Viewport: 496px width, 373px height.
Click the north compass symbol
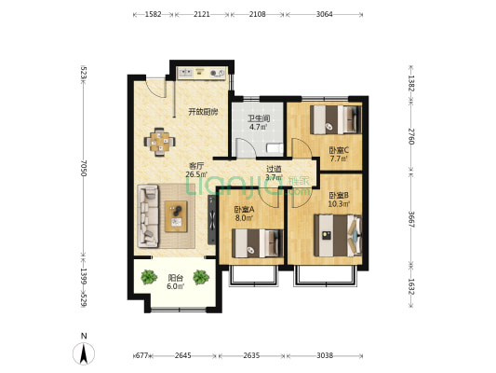pos(84,352)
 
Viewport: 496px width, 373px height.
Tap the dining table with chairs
pos(159,142)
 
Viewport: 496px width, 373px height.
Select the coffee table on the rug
pos(176,216)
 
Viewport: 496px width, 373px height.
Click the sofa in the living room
pos(148,215)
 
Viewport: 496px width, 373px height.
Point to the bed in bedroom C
pos(336,119)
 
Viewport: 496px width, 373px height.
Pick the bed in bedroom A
pos(258,243)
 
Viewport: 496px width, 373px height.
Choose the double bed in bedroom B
pos(338,236)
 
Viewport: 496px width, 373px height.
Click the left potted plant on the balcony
pos(149,277)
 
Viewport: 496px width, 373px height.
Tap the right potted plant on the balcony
pos(201,277)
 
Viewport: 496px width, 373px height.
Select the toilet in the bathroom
pos(275,148)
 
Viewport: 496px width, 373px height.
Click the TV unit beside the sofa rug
pos(211,220)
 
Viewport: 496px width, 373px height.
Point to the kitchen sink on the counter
pos(185,74)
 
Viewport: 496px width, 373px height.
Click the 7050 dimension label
pos(83,168)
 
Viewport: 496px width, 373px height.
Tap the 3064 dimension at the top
pos(324,14)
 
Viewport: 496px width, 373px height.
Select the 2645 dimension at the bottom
pos(182,355)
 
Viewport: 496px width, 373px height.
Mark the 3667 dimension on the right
pos(411,219)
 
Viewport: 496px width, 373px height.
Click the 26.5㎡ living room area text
pos(196,174)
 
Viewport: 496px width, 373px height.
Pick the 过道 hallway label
pos(274,169)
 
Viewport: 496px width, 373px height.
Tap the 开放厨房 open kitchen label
pos(203,112)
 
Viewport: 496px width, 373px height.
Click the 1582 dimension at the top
pos(154,14)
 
